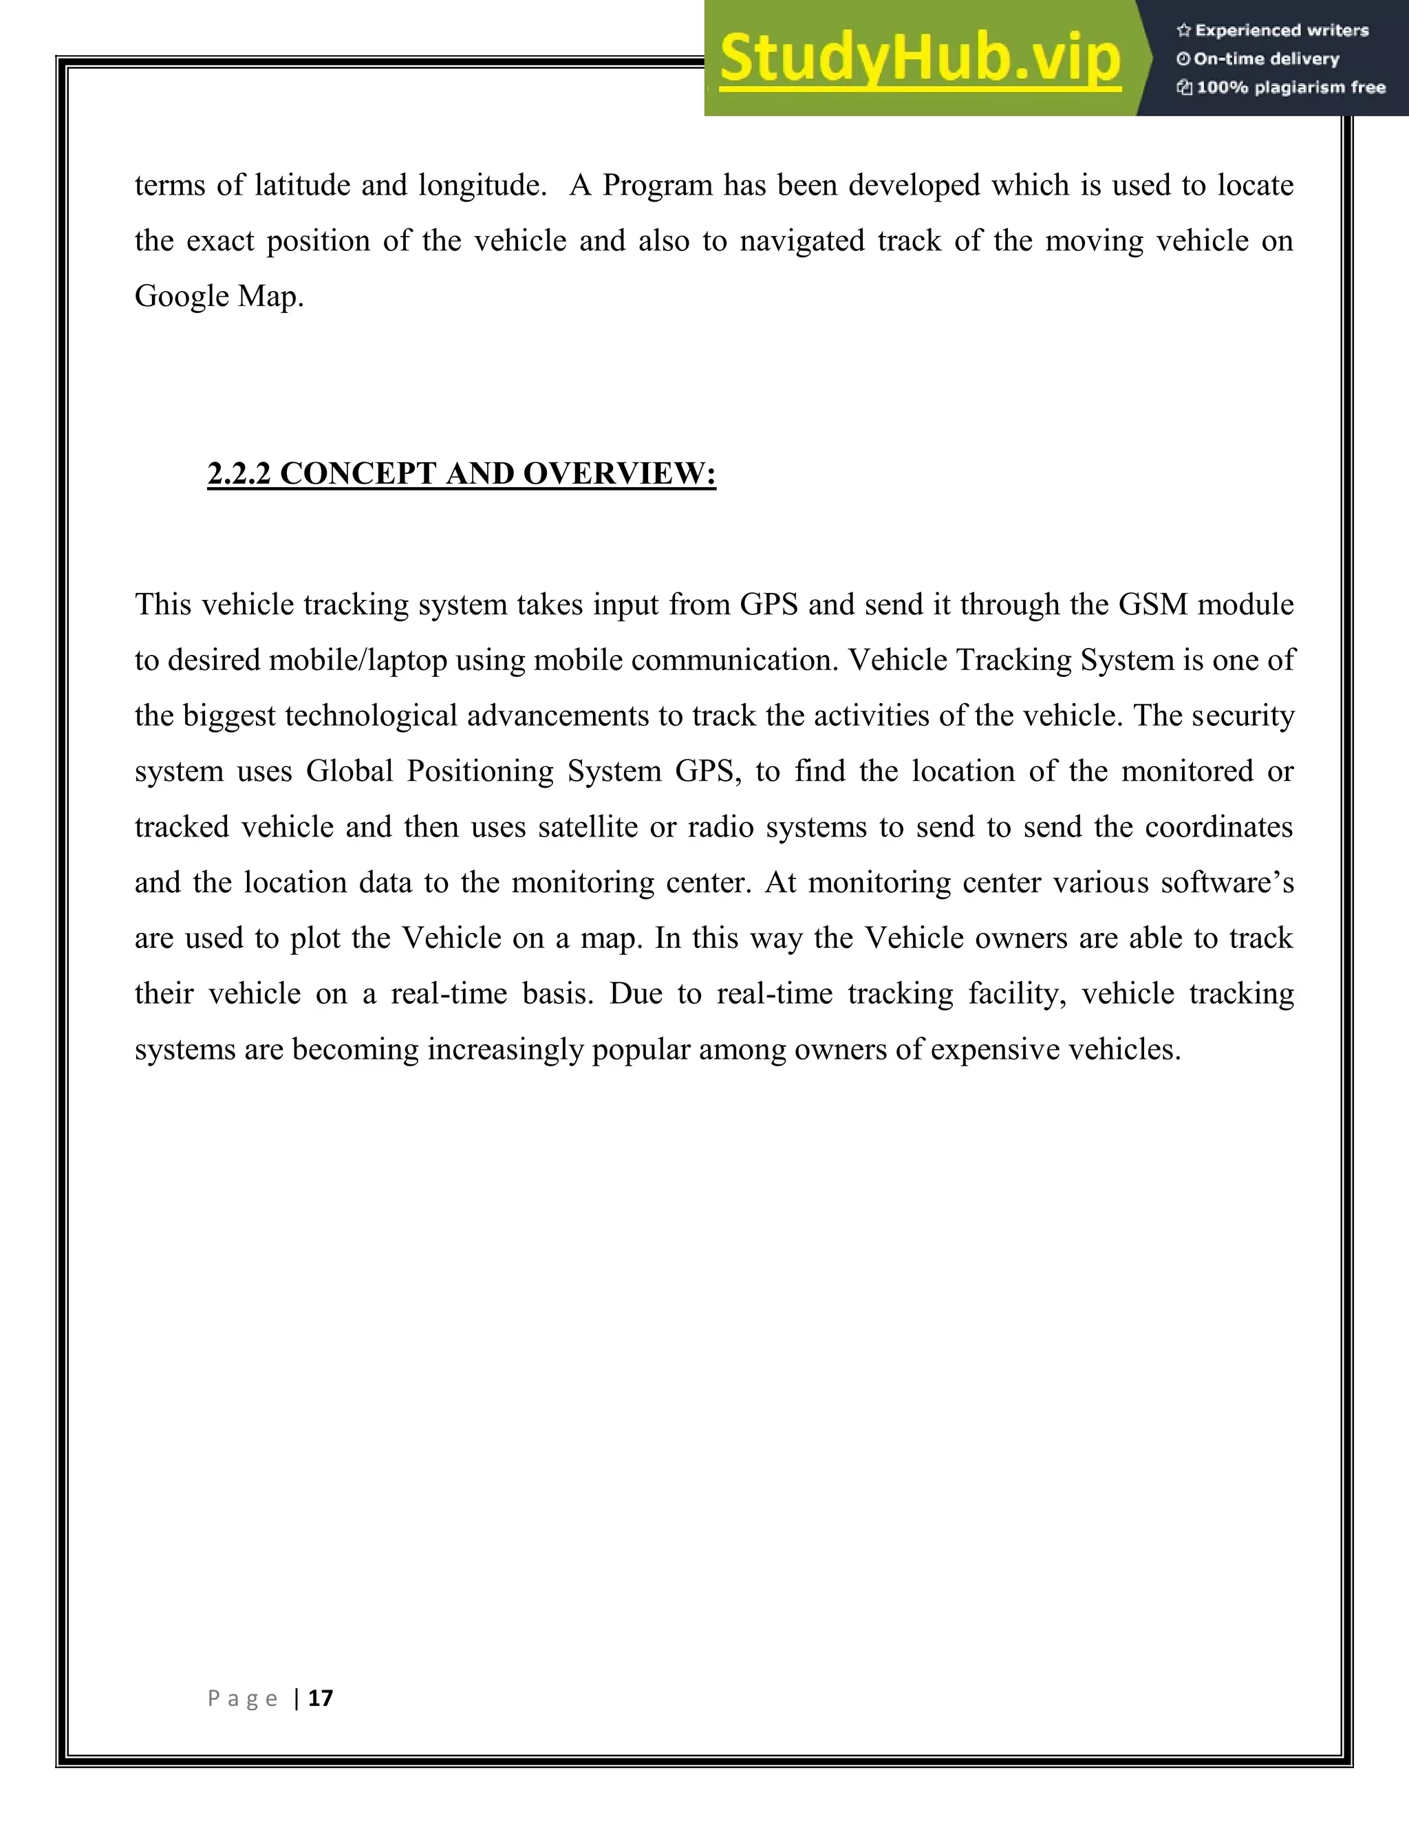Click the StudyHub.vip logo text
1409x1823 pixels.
(919, 58)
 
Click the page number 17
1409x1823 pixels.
(321, 1698)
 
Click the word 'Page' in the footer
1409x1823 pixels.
(242, 1698)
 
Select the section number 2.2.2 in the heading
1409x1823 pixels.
(239, 473)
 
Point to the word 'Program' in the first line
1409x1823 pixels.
(657, 185)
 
